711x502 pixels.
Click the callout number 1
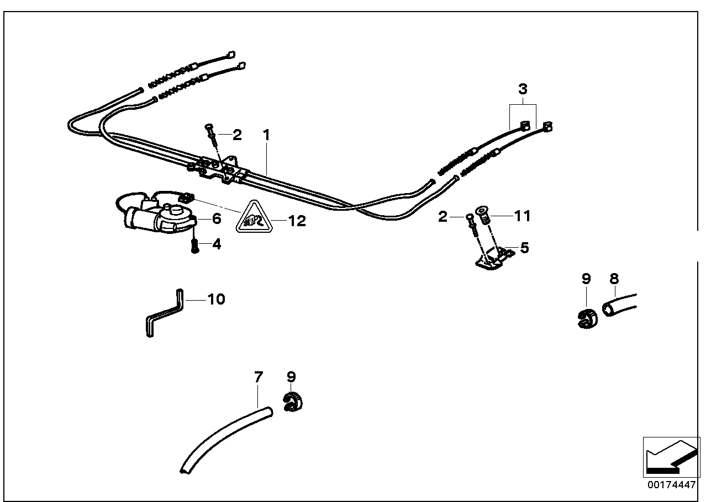coord(266,135)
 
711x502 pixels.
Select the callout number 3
coord(523,88)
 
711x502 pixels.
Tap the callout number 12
coord(297,221)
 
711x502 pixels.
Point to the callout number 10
coord(216,300)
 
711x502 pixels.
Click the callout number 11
coord(522,216)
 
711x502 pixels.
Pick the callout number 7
coord(258,378)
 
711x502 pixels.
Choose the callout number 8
coord(614,279)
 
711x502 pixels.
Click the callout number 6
coord(217,219)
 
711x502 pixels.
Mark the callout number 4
coord(217,244)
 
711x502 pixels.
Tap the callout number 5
coord(524,248)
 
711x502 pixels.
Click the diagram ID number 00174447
coord(671,485)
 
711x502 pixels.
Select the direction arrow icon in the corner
coord(671,456)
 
